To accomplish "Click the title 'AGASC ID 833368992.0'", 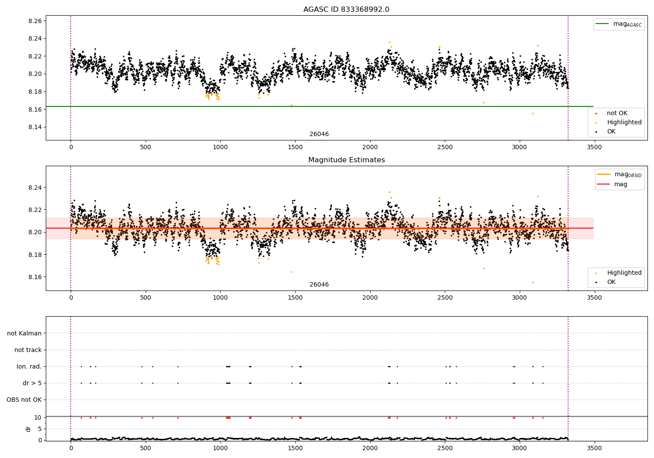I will [x=346, y=10].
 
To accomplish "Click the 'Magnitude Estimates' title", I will [x=346, y=160].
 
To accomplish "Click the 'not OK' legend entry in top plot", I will [x=617, y=113].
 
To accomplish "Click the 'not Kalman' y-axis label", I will [x=24, y=333].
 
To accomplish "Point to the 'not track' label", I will [x=28, y=350].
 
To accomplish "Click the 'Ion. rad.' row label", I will [x=29, y=366].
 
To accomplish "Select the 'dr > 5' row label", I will [x=32, y=383].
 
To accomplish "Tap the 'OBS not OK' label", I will [x=24, y=400].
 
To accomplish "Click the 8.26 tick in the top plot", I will [x=35, y=21].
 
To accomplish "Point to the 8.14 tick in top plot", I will [x=35, y=127].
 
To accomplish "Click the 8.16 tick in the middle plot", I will [x=35, y=277].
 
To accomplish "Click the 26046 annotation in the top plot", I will [x=319, y=134].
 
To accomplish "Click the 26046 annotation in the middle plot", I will [x=319, y=285].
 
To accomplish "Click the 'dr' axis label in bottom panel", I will [x=28, y=429].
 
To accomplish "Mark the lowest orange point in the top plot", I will [x=533, y=113].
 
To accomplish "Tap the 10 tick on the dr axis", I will [x=38, y=417].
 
